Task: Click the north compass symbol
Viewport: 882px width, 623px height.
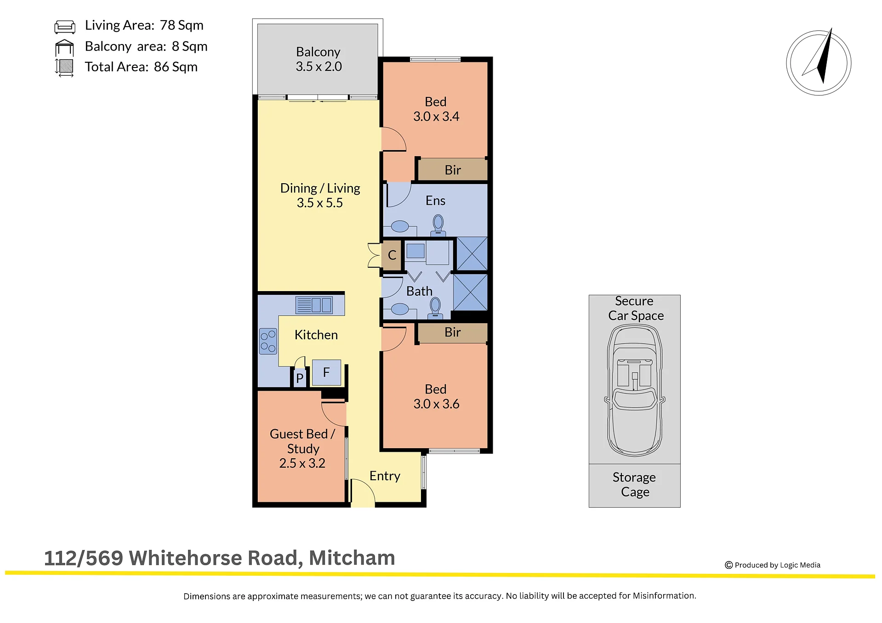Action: [x=819, y=63]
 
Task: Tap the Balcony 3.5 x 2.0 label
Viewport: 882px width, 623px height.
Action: [x=319, y=59]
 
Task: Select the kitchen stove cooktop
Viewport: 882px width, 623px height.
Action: [x=268, y=341]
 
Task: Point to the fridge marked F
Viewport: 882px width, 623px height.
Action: [x=326, y=372]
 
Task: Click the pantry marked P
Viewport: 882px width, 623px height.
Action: [x=300, y=378]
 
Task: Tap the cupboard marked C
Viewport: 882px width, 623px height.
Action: [x=392, y=255]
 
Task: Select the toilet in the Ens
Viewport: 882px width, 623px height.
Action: [x=438, y=226]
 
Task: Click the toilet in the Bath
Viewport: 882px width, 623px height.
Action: [x=435, y=308]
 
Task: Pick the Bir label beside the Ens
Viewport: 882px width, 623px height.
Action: [x=453, y=170]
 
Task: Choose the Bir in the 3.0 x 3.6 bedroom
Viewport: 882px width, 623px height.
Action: [x=453, y=332]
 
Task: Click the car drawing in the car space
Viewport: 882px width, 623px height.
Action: [x=635, y=391]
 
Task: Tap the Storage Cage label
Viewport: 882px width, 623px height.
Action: [x=634, y=485]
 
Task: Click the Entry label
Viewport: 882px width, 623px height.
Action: [x=385, y=476]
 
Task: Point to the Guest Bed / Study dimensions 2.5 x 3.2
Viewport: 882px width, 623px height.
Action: [x=302, y=463]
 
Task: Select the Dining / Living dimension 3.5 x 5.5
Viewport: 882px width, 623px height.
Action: [x=319, y=203]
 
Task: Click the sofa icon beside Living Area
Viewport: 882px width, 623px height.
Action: [x=65, y=27]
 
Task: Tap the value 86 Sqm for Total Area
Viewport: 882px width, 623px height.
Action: [x=176, y=67]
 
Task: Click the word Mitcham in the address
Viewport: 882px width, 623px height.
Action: [x=352, y=558]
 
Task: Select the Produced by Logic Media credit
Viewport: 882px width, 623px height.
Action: [x=773, y=565]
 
